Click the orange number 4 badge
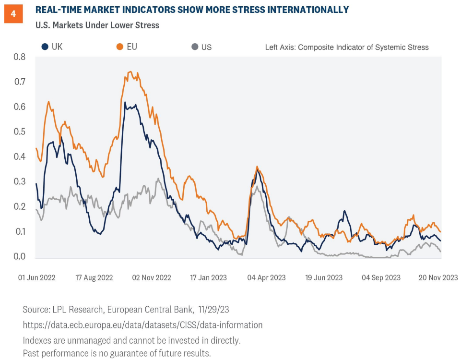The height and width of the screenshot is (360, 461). (x=13, y=14)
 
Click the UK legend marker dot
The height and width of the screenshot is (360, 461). (x=45, y=47)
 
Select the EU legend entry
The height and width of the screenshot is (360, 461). (x=125, y=47)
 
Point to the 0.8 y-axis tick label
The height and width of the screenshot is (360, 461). (x=19, y=57)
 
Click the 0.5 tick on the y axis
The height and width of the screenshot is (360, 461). (x=19, y=132)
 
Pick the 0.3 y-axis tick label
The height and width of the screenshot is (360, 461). (x=19, y=181)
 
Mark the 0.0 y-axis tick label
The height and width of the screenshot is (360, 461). (x=19, y=256)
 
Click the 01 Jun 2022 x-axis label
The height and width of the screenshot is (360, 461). (x=36, y=277)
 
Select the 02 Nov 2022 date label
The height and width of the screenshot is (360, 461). (x=151, y=277)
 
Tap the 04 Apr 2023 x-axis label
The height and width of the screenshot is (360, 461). (x=266, y=277)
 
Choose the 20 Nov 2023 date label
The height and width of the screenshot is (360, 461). (x=438, y=277)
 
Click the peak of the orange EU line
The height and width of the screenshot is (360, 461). (x=130, y=72)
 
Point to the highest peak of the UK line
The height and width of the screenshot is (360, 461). (x=125, y=102)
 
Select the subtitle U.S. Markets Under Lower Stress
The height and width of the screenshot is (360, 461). (x=97, y=25)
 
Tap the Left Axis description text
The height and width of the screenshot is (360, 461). (x=347, y=47)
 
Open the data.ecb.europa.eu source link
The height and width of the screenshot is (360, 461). (x=142, y=325)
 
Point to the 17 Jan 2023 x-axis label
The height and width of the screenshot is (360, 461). (x=208, y=277)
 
